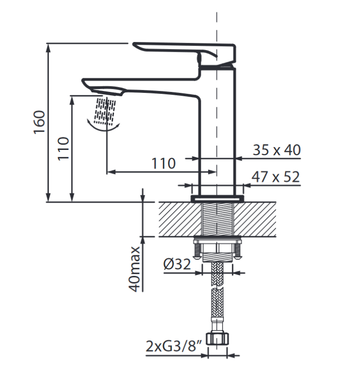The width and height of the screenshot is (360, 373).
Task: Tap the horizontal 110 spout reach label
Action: tap(164, 164)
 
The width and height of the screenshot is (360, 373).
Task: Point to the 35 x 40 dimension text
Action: tap(276, 150)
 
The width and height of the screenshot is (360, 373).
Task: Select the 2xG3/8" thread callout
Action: tap(174, 348)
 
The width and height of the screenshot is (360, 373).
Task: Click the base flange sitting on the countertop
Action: tap(217, 199)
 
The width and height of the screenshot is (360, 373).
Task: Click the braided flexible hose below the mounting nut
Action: tap(217, 292)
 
